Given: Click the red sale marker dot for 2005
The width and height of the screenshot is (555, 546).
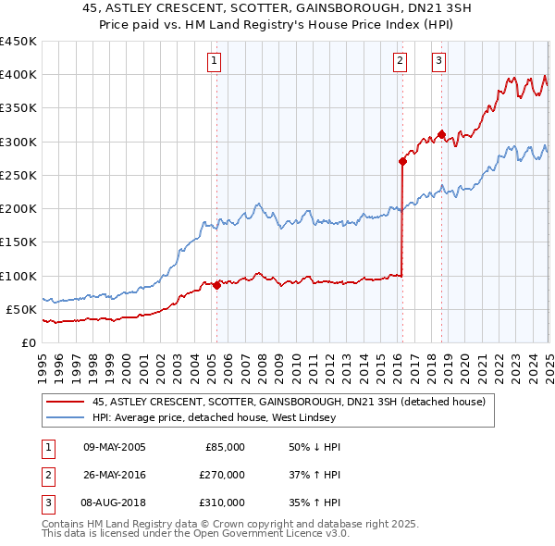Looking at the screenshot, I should pos(216,285).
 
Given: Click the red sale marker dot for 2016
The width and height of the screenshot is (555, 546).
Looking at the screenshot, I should pos(402,161).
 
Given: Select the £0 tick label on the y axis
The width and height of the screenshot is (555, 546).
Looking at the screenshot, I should pos(29,342).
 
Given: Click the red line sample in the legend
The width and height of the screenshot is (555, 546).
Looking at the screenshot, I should pos(64,402).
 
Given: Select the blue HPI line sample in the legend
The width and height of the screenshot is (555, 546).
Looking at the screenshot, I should pos(64,418).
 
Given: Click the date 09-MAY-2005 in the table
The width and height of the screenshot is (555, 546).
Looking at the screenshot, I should pos(115,447).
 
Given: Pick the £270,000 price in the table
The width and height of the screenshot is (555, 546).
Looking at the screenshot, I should pos(224,475).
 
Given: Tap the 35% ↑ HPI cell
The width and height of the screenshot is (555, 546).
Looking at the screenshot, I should pos(314,503).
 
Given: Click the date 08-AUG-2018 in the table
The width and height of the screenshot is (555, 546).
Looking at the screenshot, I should pos(115,503).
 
